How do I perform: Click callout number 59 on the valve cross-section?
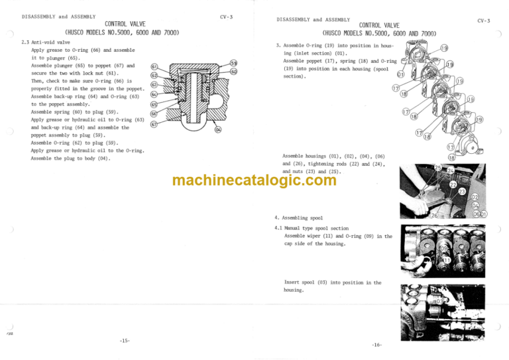pyautogui.click(x=233, y=63)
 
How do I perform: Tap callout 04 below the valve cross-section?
pyautogui.click(x=218, y=129)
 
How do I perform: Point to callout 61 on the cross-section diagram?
pyautogui.click(x=154, y=67)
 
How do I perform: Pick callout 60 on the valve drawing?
pyautogui.click(x=234, y=72)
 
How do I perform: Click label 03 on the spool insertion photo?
pyautogui.click(x=439, y=301)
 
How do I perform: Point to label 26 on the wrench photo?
pyautogui.click(x=435, y=215)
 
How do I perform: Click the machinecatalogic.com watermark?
pyautogui.click(x=254, y=180)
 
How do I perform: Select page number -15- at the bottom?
pyautogui.click(x=125, y=340)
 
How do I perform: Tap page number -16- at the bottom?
pyautogui.click(x=378, y=345)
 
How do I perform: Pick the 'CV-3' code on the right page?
pyautogui.click(x=483, y=21)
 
